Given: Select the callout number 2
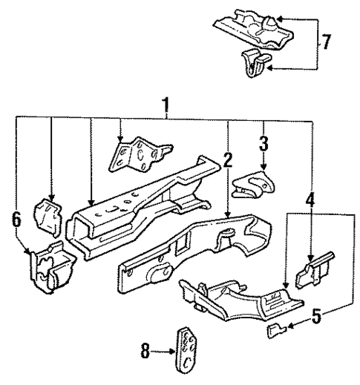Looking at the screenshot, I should [x=228, y=159].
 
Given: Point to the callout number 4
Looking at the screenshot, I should [x=311, y=200].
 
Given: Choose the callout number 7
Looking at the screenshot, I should [x=327, y=42].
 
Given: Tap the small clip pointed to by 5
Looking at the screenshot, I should [x=275, y=329].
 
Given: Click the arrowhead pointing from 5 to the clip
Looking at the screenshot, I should [x=290, y=326].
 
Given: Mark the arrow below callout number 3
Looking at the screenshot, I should [x=262, y=161].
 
